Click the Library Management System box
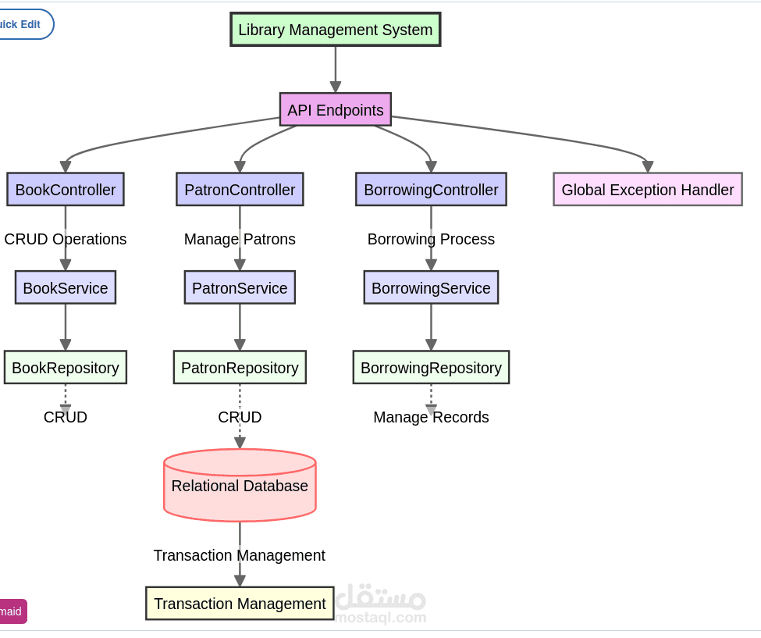point(336,30)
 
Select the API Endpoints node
point(336,109)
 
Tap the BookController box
point(66,189)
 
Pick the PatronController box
point(240,189)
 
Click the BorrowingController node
point(431,189)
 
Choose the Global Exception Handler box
point(648,189)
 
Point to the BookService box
point(66,287)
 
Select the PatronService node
point(240,287)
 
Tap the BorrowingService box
point(431,287)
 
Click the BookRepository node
point(66,367)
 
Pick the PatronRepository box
point(240,367)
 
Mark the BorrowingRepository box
point(431,367)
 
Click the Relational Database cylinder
point(240,485)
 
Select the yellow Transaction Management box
point(240,604)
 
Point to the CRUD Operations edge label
point(66,239)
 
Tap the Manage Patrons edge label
point(240,239)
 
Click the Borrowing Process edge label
point(431,239)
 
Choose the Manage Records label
point(431,417)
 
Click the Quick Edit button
point(22,24)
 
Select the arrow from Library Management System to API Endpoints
point(336,69)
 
